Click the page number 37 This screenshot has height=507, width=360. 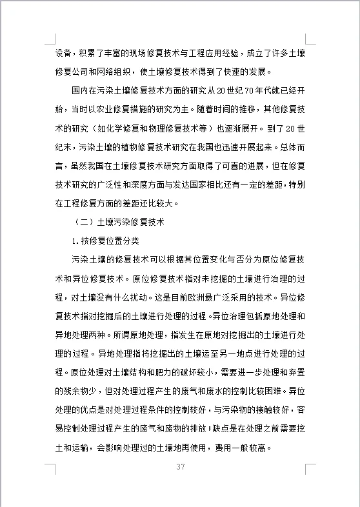180,467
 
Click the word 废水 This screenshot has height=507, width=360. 230,392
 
